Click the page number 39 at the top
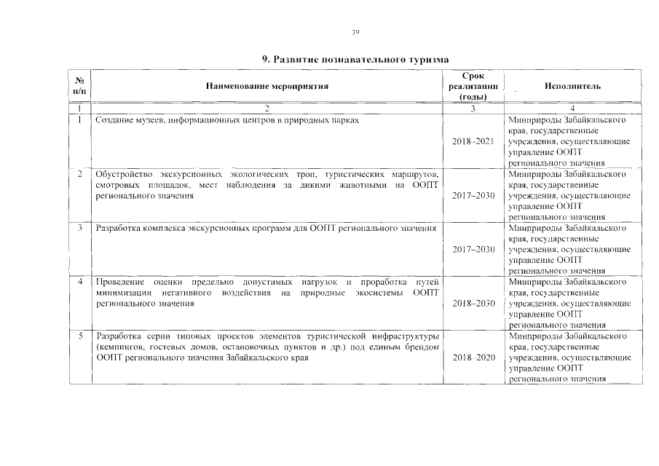pyautogui.click(x=355, y=32)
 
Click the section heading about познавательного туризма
pyautogui.click(x=355, y=58)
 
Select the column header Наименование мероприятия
pyautogui.click(x=267, y=86)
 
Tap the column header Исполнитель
pyautogui.click(x=572, y=86)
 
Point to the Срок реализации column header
pyautogui.click(x=473, y=86)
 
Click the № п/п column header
pyautogui.click(x=79, y=86)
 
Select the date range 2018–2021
pyautogui.click(x=473, y=141)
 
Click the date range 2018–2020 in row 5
pyautogui.click(x=473, y=358)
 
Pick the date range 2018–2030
pyautogui.click(x=473, y=304)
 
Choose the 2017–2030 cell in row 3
pyautogui.click(x=473, y=250)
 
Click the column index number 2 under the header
pyautogui.click(x=267, y=108)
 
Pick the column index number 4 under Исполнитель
pyautogui.click(x=572, y=108)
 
